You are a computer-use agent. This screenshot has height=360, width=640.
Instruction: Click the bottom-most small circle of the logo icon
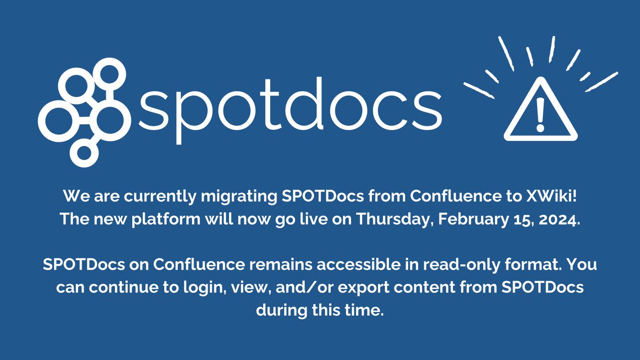(84, 152)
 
